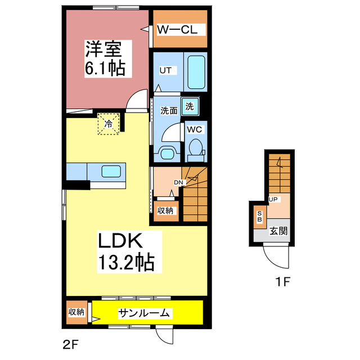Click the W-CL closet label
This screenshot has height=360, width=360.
point(177,30)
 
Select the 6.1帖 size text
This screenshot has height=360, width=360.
point(105,69)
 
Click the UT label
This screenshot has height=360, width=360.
point(165,70)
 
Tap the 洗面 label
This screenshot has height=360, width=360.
point(169,111)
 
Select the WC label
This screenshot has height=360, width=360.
point(195,129)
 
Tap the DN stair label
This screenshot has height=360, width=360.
point(178,182)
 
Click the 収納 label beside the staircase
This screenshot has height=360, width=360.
point(165,211)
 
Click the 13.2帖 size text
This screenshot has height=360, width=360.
point(127,262)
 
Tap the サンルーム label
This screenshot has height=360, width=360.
point(145,313)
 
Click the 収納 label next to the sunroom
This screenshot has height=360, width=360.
point(76,312)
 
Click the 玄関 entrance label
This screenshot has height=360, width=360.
point(278,230)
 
